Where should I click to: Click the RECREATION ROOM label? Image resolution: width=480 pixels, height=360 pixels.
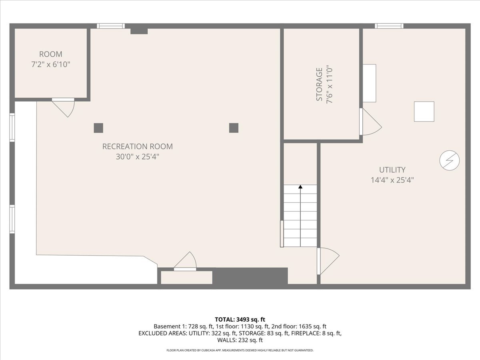pyautogui.click(x=138, y=146)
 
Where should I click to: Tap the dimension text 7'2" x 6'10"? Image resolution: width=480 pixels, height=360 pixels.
pyautogui.click(x=51, y=64)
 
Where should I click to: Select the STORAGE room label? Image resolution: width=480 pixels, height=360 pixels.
pyautogui.click(x=320, y=84)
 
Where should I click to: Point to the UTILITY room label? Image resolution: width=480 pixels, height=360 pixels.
pyautogui.click(x=392, y=170)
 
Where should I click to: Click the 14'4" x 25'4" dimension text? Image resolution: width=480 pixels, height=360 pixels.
pyautogui.click(x=392, y=180)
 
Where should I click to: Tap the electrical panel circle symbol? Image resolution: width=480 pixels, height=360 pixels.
pyautogui.click(x=449, y=160)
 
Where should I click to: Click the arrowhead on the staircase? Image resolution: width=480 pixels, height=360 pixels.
pyautogui.click(x=300, y=187)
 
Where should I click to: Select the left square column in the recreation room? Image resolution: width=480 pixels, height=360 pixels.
pyautogui.click(x=98, y=128)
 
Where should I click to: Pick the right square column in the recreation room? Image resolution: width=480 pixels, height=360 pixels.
pyautogui.click(x=234, y=128)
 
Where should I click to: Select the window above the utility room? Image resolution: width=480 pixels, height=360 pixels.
pyautogui.click(x=389, y=26)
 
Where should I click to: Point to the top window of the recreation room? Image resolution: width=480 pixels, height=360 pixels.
pyautogui.click(x=111, y=26)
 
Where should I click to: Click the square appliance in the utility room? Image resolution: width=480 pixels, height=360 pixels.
pyautogui.click(x=424, y=112)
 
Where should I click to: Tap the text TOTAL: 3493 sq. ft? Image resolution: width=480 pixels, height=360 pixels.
pyautogui.click(x=240, y=320)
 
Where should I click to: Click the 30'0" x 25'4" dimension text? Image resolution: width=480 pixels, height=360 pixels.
pyautogui.click(x=138, y=157)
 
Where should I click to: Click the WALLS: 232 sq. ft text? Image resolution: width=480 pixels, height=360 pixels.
pyautogui.click(x=240, y=340)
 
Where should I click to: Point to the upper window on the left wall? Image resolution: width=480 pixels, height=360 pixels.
pyautogui.click(x=12, y=128)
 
